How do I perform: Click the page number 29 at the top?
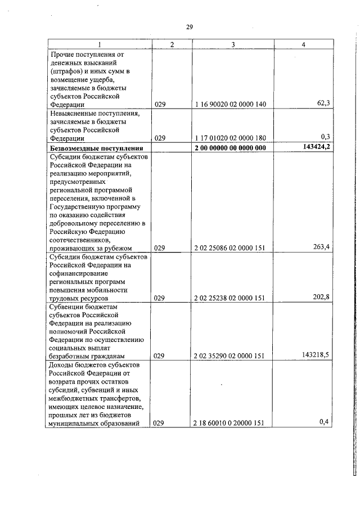(x=189, y=26)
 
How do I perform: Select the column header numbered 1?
(x=100, y=44)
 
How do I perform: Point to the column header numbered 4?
(x=303, y=44)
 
